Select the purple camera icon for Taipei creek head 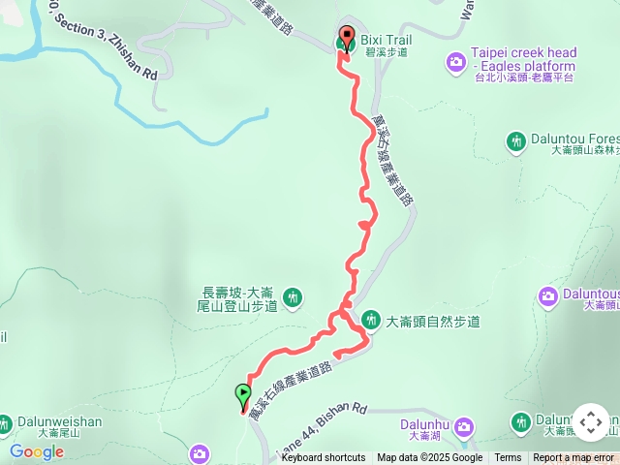click(455, 62)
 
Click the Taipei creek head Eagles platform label click(524, 60)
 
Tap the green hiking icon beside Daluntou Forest click(516, 142)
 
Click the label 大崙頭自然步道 click(432, 321)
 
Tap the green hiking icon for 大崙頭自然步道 click(370, 320)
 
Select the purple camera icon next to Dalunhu click(464, 426)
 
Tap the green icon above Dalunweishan click(7, 424)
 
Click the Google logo click(37, 451)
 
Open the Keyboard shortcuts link click(324, 458)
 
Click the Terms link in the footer click(508, 458)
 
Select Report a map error click(573, 458)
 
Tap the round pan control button click(590, 422)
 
